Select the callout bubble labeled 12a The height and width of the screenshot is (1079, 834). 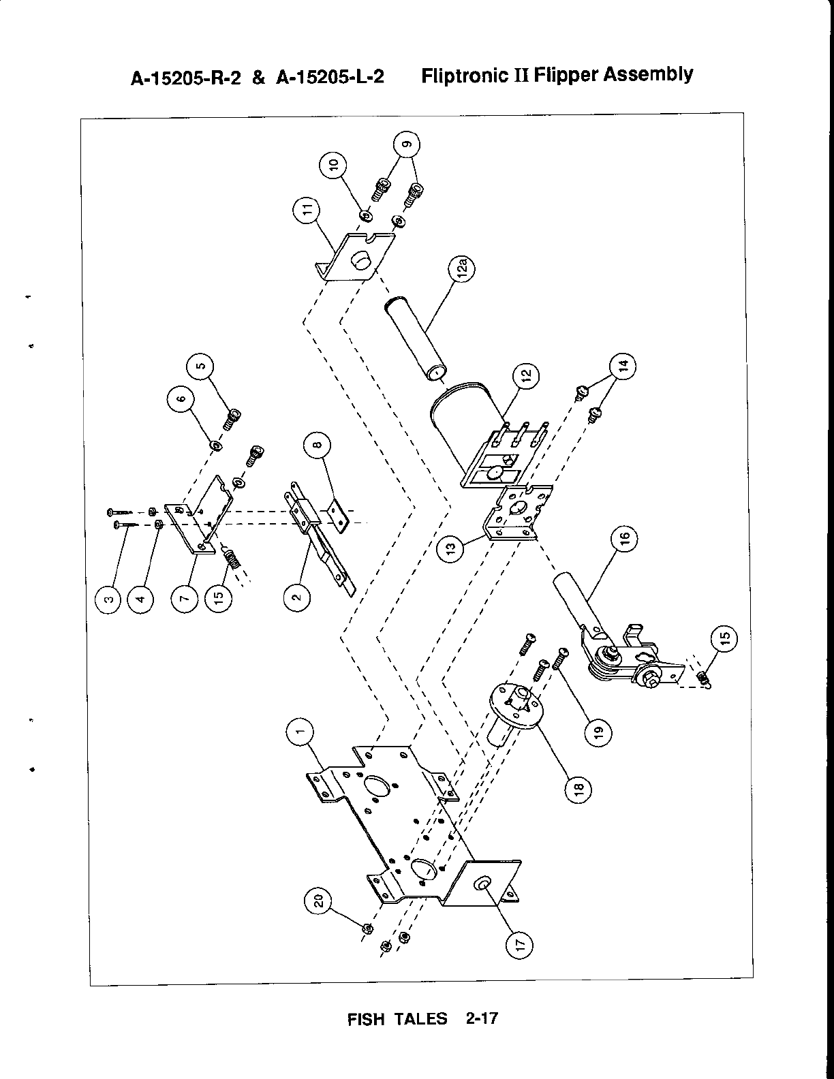click(x=462, y=268)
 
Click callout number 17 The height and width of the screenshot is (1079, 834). click(x=519, y=945)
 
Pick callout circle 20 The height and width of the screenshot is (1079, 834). click(x=318, y=903)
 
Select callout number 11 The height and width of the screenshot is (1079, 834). click(x=307, y=210)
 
